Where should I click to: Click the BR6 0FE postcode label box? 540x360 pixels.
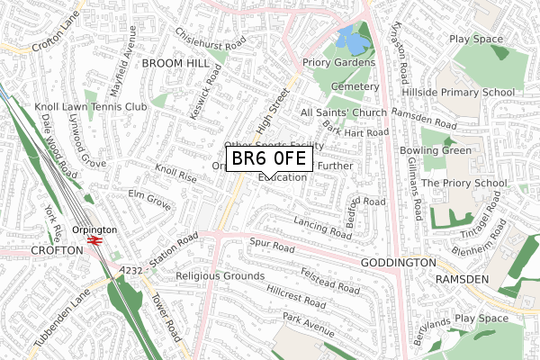tap(269, 160)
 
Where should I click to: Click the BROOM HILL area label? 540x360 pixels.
tap(168, 65)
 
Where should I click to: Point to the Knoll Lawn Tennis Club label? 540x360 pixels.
tap(90, 107)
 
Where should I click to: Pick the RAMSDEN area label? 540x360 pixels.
tap(463, 280)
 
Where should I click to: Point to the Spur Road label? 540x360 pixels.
tap(273, 245)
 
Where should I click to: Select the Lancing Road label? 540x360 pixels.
tap(321, 226)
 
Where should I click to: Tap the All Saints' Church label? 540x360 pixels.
tap(343, 112)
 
